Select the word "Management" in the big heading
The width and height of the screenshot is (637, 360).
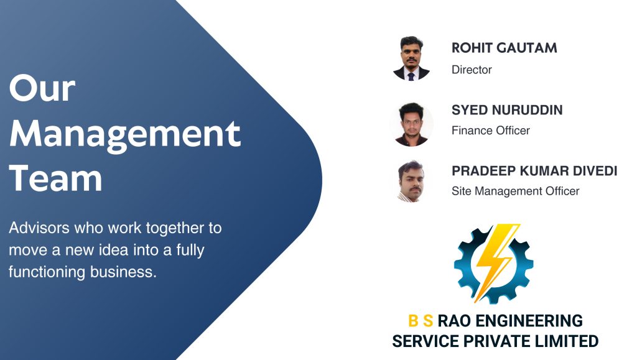click(124, 134)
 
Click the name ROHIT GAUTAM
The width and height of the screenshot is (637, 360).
click(504, 48)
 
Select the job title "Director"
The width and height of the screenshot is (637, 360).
click(472, 70)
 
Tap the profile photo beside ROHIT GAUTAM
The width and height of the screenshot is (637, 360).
click(411, 58)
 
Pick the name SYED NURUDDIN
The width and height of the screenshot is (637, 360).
click(506, 110)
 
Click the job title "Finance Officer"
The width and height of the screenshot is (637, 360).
click(490, 131)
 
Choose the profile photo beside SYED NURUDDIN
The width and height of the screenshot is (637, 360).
click(411, 124)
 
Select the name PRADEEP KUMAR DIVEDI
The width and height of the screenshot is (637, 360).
click(534, 170)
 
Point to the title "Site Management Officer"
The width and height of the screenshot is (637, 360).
click(515, 192)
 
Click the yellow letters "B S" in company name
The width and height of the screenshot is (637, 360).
click(421, 321)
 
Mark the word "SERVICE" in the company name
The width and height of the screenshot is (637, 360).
click(420, 341)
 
